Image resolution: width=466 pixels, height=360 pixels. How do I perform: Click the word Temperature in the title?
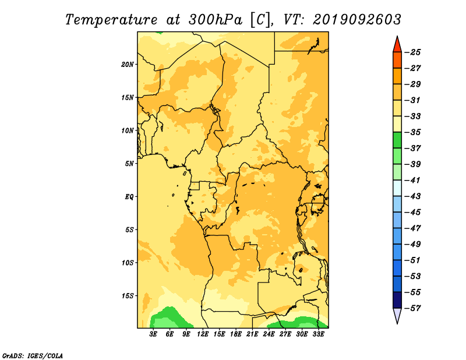point(111,20)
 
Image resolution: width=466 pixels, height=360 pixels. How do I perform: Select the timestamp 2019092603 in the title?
point(357,20)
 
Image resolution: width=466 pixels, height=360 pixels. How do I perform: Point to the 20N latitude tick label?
point(128,65)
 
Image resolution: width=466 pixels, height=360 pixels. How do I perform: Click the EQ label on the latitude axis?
point(129,197)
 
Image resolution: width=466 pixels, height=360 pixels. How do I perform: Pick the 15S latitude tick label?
point(128,296)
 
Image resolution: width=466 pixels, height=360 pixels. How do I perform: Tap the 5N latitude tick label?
point(129,164)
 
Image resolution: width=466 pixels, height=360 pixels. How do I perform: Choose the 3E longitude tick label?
point(153,334)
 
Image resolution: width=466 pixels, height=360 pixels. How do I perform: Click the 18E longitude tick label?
point(236,334)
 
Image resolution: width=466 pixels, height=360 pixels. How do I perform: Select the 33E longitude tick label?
point(318,334)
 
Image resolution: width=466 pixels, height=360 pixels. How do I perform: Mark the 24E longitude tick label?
point(269,334)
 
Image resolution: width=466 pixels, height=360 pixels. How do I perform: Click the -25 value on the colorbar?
point(413,52)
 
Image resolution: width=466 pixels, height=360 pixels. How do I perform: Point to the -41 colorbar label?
point(413,180)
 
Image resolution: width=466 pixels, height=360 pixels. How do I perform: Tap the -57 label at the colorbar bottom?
point(413,308)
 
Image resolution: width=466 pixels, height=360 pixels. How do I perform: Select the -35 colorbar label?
point(413,132)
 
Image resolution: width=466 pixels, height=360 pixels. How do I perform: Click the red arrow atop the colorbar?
point(397,45)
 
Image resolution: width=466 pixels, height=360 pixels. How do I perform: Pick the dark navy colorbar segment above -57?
point(397,300)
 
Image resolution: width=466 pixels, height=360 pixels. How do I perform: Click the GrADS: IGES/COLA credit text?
point(33,355)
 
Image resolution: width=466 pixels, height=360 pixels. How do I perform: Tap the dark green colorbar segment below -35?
point(397,140)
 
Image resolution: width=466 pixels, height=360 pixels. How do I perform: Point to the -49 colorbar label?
point(413,244)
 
